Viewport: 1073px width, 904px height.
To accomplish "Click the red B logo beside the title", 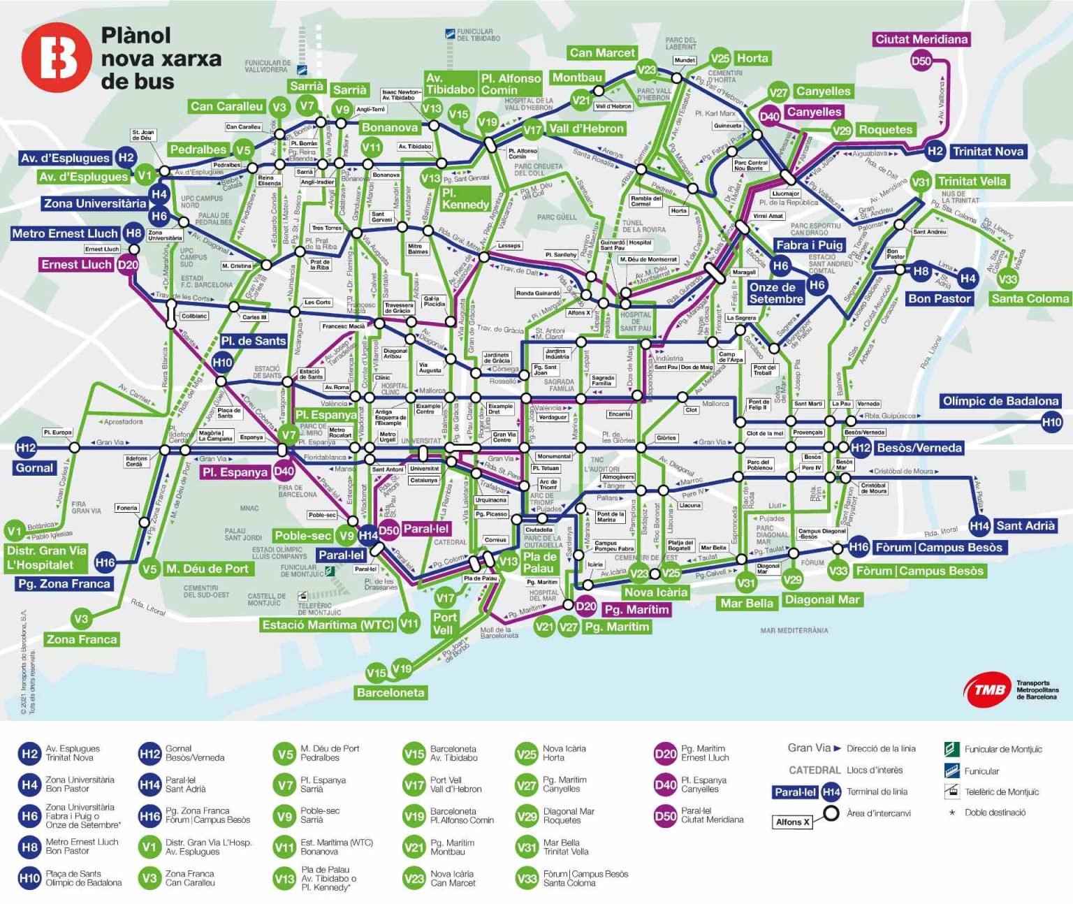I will (56, 57).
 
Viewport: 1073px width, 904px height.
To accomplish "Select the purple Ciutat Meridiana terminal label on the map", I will (921, 40).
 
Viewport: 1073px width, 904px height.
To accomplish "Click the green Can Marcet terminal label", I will (601, 53).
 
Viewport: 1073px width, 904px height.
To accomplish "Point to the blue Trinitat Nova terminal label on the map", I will (988, 152).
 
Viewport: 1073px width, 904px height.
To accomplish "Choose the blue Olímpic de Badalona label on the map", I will (1000, 401).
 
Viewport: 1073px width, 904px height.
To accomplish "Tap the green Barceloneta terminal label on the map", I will (390, 692).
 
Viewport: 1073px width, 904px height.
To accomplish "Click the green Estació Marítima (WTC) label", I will (328, 625).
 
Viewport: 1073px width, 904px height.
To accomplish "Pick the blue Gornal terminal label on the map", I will (34, 468).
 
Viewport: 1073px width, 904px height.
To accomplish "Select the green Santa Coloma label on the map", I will (1030, 299).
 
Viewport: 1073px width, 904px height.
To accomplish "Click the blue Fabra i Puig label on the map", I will (810, 245).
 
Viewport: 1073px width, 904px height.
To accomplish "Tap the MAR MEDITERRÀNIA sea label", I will (794, 631).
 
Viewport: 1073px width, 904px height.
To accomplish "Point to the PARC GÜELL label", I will (557, 218).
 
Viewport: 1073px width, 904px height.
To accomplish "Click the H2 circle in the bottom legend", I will (29, 754).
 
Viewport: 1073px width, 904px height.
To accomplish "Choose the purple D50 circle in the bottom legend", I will (665, 816).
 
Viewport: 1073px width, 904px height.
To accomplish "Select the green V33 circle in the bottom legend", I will (526, 879).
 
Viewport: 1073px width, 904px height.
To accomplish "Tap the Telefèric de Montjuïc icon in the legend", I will (951, 792).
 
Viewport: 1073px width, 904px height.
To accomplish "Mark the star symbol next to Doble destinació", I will (951, 812).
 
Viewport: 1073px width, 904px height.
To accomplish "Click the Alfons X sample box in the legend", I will (792, 822).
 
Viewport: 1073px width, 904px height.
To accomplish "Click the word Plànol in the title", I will (136, 36).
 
